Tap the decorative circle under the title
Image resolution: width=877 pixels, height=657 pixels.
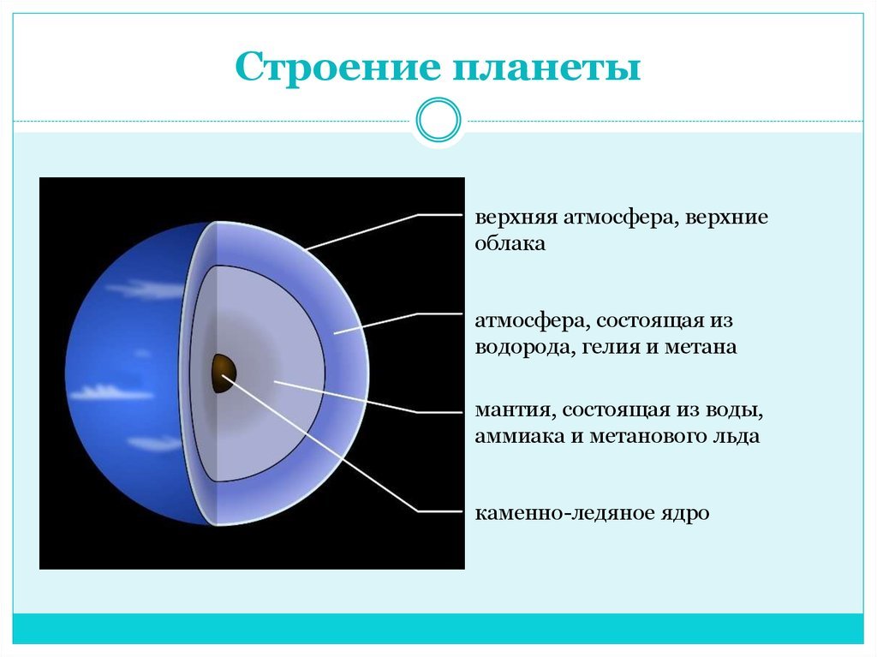click(x=438, y=120)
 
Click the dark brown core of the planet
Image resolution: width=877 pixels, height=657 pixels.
click(x=224, y=373)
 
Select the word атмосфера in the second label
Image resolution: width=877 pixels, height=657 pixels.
click(x=531, y=321)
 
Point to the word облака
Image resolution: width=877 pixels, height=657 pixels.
click(x=510, y=243)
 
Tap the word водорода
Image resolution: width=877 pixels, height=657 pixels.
click(x=525, y=348)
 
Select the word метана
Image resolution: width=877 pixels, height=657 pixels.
click(x=701, y=348)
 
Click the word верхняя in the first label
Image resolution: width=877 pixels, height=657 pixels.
click(x=516, y=217)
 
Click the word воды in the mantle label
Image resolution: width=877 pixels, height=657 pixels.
click(x=739, y=409)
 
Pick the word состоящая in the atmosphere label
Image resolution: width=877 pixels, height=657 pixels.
click(x=647, y=321)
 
